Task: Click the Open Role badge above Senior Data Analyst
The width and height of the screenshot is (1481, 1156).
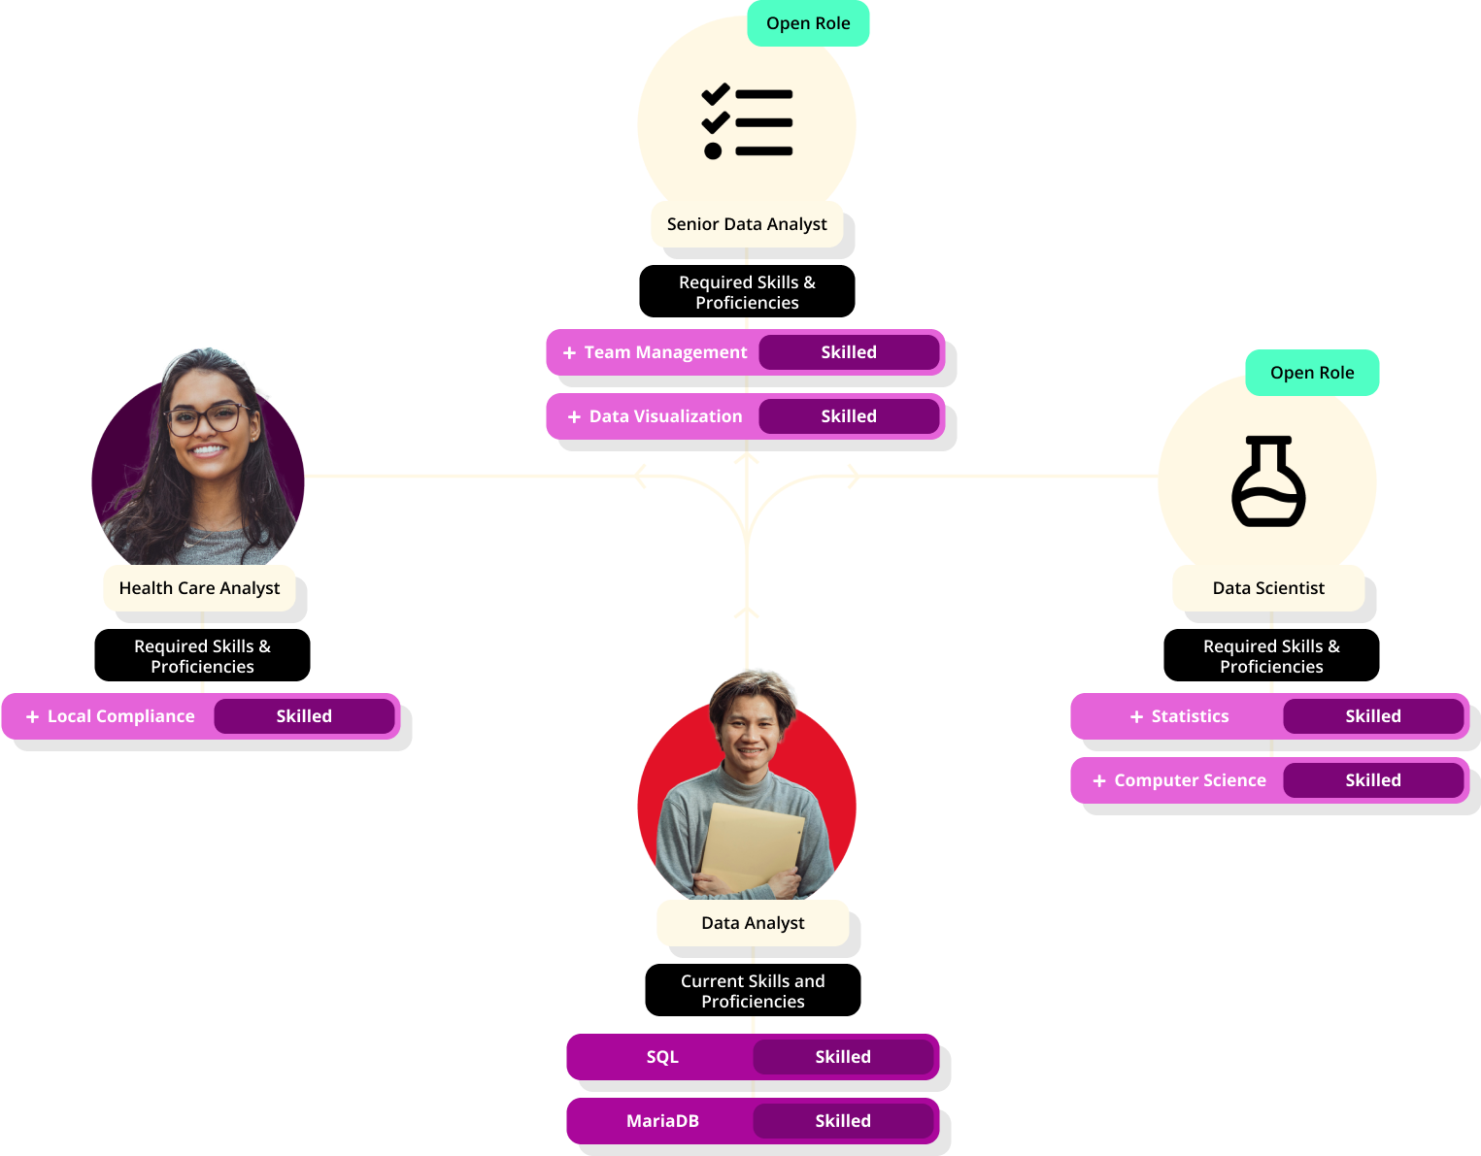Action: (x=808, y=23)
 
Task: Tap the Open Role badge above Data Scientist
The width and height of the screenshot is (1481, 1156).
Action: (x=1311, y=373)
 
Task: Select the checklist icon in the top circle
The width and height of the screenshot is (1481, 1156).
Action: (x=747, y=123)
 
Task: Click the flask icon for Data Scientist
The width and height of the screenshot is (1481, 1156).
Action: (x=1268, y=481)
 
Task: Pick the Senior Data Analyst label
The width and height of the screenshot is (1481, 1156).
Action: (x=747, y=224)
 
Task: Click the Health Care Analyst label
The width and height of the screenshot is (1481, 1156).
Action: (x=199, y=588)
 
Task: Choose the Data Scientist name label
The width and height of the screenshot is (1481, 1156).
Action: (x=1268, y=588)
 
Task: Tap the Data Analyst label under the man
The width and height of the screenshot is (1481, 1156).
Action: (x=753, y=923)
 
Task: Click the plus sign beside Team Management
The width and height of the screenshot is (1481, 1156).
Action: (x=570, y=353)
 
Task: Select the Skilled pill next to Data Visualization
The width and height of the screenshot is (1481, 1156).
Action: (x=849, y=416)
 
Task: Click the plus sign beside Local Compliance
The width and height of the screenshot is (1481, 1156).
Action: (x=33, y=717)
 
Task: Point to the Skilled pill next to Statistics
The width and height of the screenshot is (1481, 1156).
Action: (x=1372, y=716)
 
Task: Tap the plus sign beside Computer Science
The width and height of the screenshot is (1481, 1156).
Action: (x=1099, y=781)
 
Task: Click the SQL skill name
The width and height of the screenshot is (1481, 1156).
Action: (x=662, y=1057)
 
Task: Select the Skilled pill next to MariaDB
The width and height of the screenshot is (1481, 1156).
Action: (x=842, y=1121)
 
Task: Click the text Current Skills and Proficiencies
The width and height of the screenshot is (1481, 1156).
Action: (x=753, y=991)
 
